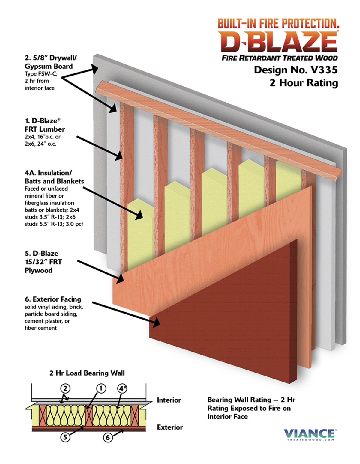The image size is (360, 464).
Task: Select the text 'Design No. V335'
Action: tap(295, 70)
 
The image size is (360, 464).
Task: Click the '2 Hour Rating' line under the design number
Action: tap(304, 83)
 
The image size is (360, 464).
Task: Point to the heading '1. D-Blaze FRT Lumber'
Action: tap(45, 125)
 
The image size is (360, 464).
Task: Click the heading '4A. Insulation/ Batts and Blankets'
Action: tap(54, 177)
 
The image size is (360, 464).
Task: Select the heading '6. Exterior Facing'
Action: tap(53, 299)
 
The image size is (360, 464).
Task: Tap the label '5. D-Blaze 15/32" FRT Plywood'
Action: tap(43, 262)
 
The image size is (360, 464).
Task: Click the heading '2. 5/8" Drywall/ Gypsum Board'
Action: tap(50, 62)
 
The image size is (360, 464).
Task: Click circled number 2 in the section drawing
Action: tap(65, 388)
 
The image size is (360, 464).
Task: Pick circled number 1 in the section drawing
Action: tap(101, 388)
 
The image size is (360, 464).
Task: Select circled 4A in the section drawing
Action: tap(122, 388)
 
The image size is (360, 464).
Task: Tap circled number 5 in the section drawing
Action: tap(65, 437)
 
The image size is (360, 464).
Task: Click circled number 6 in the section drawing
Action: tap(108, 437)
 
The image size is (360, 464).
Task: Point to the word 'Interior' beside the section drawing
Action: tap(169, 400)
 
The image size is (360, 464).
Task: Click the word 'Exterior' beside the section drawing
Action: tap(170, 427)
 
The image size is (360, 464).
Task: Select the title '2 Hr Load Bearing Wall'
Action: tap(87, 373)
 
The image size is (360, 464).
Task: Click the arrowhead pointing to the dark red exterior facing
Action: tap(156, 322)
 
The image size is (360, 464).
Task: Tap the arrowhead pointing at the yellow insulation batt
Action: tap(139, 215)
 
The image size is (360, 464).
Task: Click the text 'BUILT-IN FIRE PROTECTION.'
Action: tap(278, 23)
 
